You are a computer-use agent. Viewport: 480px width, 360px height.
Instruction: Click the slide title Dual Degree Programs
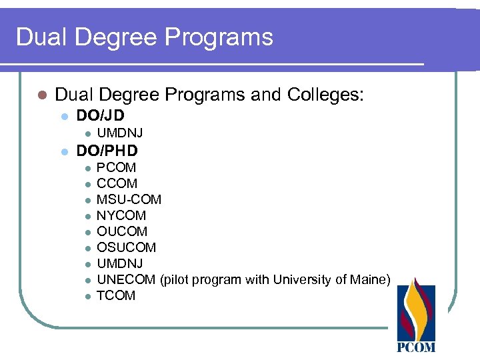(x=144, y=37)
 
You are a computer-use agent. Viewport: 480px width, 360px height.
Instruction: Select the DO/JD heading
(x=101, y=115)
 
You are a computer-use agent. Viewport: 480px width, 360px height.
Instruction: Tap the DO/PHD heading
(x=107, y=151)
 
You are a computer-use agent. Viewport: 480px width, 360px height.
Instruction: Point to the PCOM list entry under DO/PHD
(x=116, y=167)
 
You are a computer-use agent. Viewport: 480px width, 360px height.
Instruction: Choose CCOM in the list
(x=117, y=183)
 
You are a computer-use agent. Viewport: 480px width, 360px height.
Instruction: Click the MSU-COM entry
(x=129, y=199)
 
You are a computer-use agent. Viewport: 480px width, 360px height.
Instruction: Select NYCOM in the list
(x=121, y=215)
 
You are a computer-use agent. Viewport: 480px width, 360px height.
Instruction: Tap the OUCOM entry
(x=122, y=231)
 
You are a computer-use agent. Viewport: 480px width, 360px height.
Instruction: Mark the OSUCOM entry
(x=126, y=247)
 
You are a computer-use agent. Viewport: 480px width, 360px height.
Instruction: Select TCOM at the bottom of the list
(x=116, y=295)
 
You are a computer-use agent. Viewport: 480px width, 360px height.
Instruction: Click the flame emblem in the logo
(x=416, y=308)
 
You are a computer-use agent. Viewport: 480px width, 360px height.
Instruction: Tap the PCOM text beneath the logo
(x=416, y=347)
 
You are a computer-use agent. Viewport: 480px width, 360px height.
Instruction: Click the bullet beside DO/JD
(x=64, y=116)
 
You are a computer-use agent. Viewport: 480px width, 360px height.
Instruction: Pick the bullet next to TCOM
(x=87, y=296)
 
